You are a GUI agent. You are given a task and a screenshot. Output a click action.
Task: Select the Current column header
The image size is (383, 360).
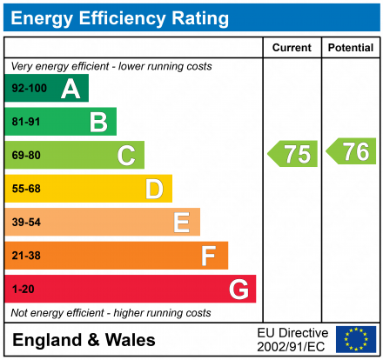(x=292, y=48)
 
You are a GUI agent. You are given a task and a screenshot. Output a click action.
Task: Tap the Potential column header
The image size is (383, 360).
(x=350, y=48)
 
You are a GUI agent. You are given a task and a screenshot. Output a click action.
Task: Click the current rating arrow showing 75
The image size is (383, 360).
(x=292, y=154)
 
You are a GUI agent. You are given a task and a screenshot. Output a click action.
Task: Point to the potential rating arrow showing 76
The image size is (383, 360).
(x=352, y=151)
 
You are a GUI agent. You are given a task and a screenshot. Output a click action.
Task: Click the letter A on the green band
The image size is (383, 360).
(x=71, y=89)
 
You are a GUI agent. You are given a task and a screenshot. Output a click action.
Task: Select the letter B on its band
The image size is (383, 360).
(x=98, y=122)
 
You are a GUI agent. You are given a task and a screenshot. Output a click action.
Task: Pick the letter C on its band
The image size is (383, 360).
(x=126, y=156)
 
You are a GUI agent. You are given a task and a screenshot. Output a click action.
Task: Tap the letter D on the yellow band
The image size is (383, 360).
(x=154, y=189)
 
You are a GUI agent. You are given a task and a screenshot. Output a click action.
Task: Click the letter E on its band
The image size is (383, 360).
(x=181, y=223)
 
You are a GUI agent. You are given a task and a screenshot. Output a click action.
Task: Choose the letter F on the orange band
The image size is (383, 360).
(x=209, y=256)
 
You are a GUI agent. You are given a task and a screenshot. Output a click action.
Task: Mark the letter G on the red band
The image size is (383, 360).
(x=238, y=289)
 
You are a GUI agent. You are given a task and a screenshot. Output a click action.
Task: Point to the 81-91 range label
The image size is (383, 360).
(x=25, y=122)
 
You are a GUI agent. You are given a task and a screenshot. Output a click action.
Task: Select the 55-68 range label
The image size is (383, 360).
(x=25, y=189)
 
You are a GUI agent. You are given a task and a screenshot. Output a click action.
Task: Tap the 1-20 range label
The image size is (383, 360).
(x=23, y=289)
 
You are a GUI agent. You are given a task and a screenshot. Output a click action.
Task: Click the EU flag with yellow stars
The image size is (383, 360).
(x=355, y=339)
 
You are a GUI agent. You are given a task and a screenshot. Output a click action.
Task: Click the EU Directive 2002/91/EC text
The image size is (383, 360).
(x=292, y=340)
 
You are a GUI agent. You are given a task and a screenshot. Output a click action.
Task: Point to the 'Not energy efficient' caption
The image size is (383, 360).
(x=111, y=313)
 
